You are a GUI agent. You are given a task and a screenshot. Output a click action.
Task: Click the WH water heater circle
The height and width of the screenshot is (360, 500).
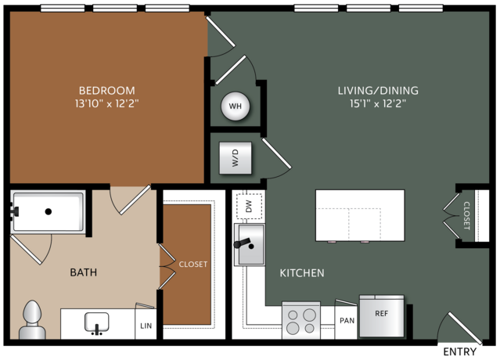(236, 106)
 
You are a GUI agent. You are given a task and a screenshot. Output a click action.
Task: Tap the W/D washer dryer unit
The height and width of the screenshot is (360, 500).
(236, 158)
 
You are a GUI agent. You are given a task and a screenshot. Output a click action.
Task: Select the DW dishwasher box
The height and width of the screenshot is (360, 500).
(249, 206)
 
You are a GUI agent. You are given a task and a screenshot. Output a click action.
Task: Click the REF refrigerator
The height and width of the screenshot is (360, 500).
(382, 315)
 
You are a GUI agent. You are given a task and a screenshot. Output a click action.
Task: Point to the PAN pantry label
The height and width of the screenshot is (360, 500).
(347, 320)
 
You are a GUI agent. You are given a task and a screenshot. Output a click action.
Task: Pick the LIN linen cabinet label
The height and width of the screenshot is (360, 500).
(146, 326)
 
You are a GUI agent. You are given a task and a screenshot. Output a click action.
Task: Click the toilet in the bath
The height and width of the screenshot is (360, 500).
(32, 319)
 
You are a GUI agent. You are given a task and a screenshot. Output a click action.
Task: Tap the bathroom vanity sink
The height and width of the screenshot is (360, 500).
(96, 323)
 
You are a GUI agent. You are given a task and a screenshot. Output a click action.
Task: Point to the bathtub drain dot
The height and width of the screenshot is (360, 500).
(49, 211)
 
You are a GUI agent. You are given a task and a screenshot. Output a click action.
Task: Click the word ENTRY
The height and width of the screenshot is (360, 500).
(460, 351)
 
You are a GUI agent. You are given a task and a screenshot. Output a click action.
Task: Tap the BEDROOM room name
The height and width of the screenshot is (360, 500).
(107, 91)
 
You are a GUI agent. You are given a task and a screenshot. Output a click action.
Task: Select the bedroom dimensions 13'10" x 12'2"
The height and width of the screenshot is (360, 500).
(107, 103)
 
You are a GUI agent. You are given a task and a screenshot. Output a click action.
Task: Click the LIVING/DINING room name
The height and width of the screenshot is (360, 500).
(378, 91)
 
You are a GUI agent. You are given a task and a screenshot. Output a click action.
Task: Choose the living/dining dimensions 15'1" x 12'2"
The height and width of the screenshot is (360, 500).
(378, 103)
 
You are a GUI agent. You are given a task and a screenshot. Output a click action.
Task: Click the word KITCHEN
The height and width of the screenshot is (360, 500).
(302, 273)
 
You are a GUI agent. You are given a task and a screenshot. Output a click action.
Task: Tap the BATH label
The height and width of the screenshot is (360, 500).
(84, 272)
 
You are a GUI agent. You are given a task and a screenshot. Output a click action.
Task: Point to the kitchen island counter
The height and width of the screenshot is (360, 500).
(360, 215)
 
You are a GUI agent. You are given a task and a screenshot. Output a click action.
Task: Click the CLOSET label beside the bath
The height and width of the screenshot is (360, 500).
(193, 265)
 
